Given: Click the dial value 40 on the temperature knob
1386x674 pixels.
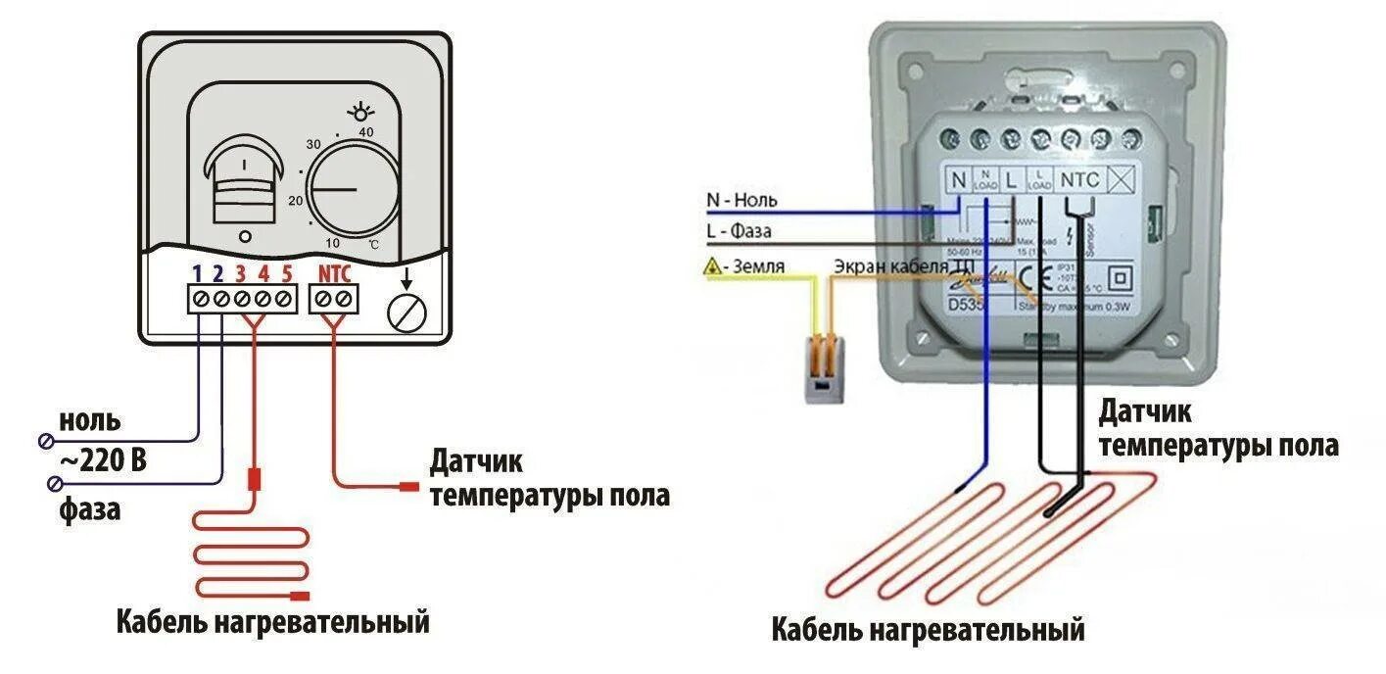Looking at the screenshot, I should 366,131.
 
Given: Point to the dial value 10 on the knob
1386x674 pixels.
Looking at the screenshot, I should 332,242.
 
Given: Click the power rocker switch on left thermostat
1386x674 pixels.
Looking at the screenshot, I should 244,182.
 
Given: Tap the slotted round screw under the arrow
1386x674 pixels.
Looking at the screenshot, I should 407,313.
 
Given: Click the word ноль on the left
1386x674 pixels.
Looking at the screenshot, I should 90,422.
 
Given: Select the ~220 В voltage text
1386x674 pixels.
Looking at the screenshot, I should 103,459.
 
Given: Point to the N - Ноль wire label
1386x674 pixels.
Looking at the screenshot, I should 742,201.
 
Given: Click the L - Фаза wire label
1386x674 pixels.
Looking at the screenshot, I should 739,232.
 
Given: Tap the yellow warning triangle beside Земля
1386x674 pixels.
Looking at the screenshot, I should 713,266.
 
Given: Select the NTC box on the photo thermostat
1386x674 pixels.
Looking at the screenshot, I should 1080,180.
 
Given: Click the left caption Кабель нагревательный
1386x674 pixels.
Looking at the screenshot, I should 273,621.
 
